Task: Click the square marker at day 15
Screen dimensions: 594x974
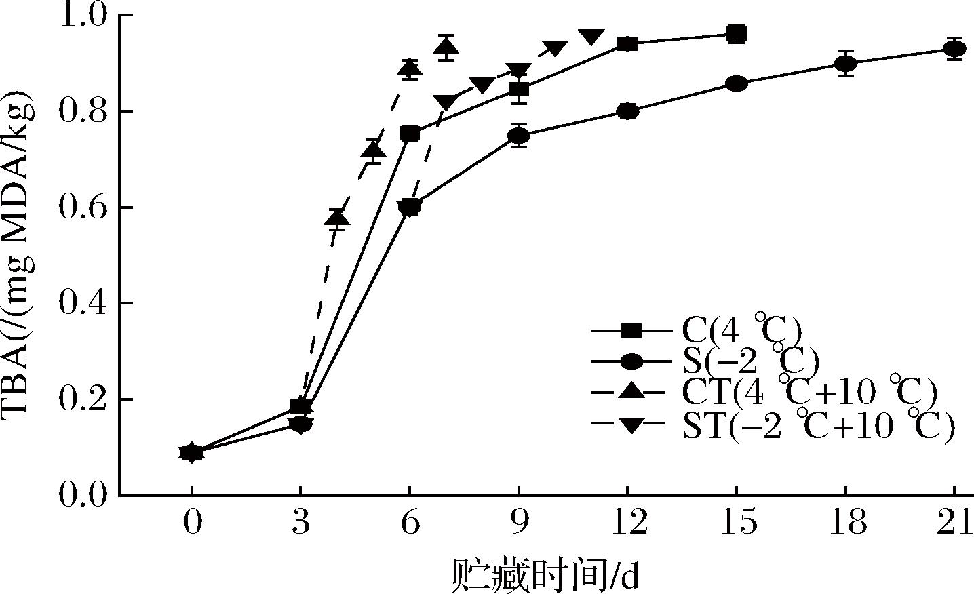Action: pos(737,33)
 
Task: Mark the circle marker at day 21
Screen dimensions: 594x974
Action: pos(954,49)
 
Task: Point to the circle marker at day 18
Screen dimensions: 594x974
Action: pos(845,64)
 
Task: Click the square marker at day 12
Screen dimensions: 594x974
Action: pos(627,44)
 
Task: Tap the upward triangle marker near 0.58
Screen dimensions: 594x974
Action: pos(337,218)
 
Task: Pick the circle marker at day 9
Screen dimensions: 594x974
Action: pos(519,136)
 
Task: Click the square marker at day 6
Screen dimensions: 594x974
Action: pos(410,134)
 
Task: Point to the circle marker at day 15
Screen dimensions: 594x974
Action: pos(737,83)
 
